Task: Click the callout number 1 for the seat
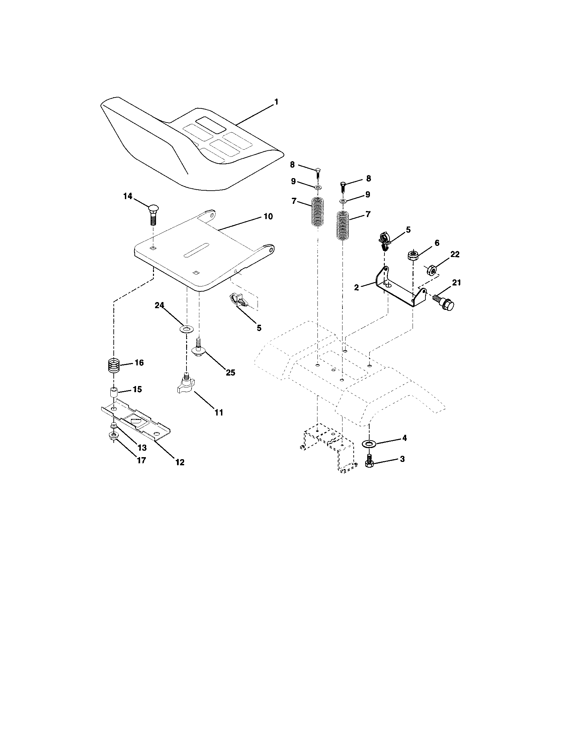(277, 102)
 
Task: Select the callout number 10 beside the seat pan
(268, 216)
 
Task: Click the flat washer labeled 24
(186, 329)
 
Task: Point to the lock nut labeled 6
(413, 255)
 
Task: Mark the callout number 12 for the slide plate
(180, 462)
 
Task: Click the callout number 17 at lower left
(141, 460)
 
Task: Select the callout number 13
(142, 448)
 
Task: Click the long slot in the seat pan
(197, 250)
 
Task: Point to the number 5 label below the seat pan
(259, 328)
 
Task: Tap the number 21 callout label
(457, 282)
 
